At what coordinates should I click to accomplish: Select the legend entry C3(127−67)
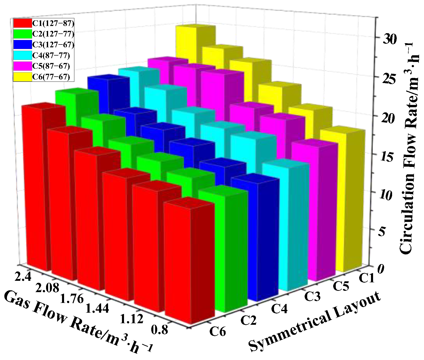point(53,45)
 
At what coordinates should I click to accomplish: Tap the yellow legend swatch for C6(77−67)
point(22,77)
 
